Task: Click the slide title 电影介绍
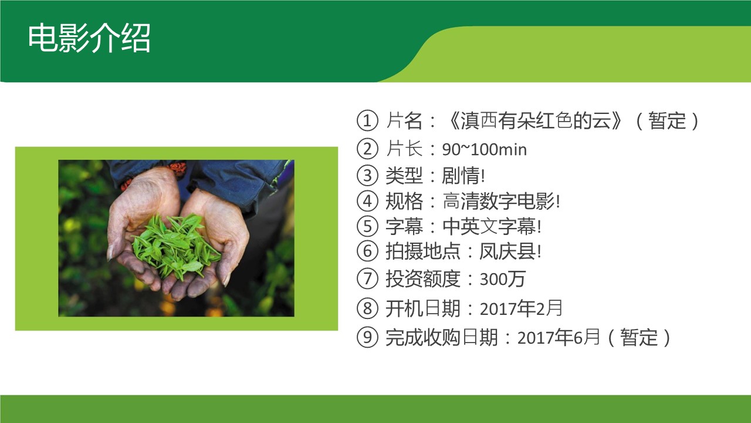coord(89,38)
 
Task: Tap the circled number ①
coord(367,120)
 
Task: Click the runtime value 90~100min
coord(484,149)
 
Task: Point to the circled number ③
coord(367,175)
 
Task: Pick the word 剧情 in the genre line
coord(461,175)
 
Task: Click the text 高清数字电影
coord(499,201)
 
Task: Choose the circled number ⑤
coord(367,226)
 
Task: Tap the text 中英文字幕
coord(489,226)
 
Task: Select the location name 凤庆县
coord(508,251)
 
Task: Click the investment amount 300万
coord(502,279)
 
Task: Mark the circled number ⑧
coord(367,308)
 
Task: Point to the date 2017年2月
coord(520,308)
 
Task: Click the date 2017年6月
coord(558,337)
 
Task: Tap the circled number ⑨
coord(367,337)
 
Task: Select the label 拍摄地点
coord(423,251)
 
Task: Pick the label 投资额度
coord(423,279)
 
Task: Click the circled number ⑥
coord(367,251)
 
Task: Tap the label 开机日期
coord(423,308)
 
